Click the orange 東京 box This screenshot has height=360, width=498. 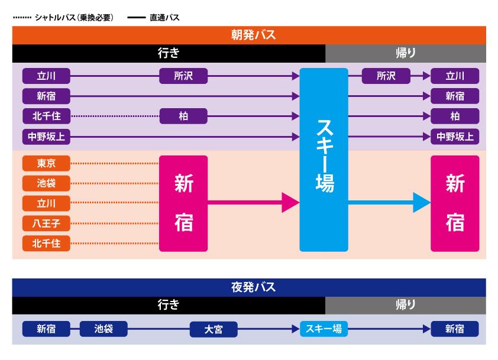pyautogui.click(x=46, y=163)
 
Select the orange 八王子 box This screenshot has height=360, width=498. pyautogui.click(x=46, y=223)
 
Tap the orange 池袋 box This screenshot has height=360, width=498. pyautogui.click(x=46, y=183)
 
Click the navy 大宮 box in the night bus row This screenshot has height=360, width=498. pyautogui.click(x=214, y=329)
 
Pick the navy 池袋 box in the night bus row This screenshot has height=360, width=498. pyautogui.click(x=104, y=329)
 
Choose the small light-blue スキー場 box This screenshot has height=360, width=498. pyautogui.click(x=324, y=329)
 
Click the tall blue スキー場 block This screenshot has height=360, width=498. pyautogui.click(x=324, y=160)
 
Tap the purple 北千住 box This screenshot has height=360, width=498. pyautogui.click(x=46, y=116)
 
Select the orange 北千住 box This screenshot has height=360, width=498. pyautogui.click(x=46, y=244)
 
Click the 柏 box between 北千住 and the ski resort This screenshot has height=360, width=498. pyautogui.click(x=183, y=116)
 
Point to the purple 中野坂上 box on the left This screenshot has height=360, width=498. pyautogui.click(x=46, y=137)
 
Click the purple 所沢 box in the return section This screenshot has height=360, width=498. pyautogui.click(x=386, y=76)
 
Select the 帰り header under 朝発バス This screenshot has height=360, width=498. pyautogui.click(x=405, y=53)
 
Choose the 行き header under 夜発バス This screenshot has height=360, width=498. pyautogui.click(x=169, y=305)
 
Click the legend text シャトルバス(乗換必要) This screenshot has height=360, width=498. pyautogui.click(x=74, y=18)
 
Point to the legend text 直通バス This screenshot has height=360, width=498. pyautogui.click(x=164, y=18)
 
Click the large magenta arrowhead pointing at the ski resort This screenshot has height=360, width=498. pyautogui.click(x=290, y=203)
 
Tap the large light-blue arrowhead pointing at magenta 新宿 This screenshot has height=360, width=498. pyautogui.click(x=421, y=203)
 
